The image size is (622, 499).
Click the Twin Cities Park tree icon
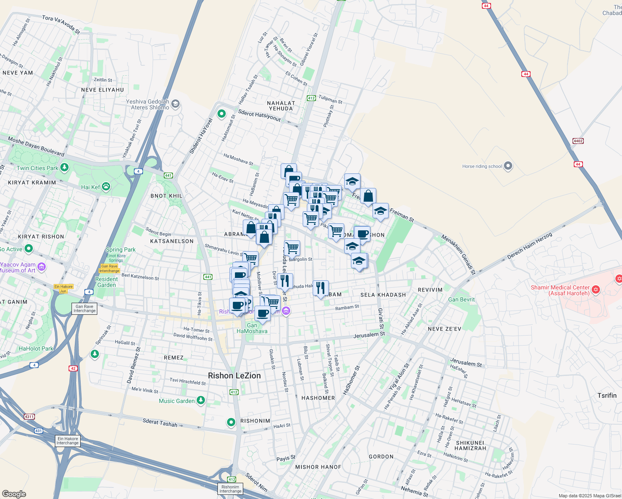[64, 168]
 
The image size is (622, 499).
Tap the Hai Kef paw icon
[106, 187]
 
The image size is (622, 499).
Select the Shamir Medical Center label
[560, 290]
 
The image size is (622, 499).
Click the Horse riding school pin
[508, 166]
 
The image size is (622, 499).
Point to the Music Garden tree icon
[201, 400]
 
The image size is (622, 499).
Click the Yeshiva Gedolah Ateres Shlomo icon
[175, 104]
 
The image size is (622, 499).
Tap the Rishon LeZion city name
[234, 375]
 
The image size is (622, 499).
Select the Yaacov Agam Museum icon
[42, 267]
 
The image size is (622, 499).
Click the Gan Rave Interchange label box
[84, 309]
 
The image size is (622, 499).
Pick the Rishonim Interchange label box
[230, 489]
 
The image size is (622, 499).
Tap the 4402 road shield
[578, 141]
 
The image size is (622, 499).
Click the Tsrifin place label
[607, 395]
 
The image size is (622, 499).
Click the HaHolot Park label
[36, 348]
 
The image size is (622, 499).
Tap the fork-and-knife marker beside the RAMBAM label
[320, 288]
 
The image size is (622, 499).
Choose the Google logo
[14, 494]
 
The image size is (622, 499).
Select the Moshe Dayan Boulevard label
[36, 147]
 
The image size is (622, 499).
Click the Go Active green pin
[29, 249]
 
